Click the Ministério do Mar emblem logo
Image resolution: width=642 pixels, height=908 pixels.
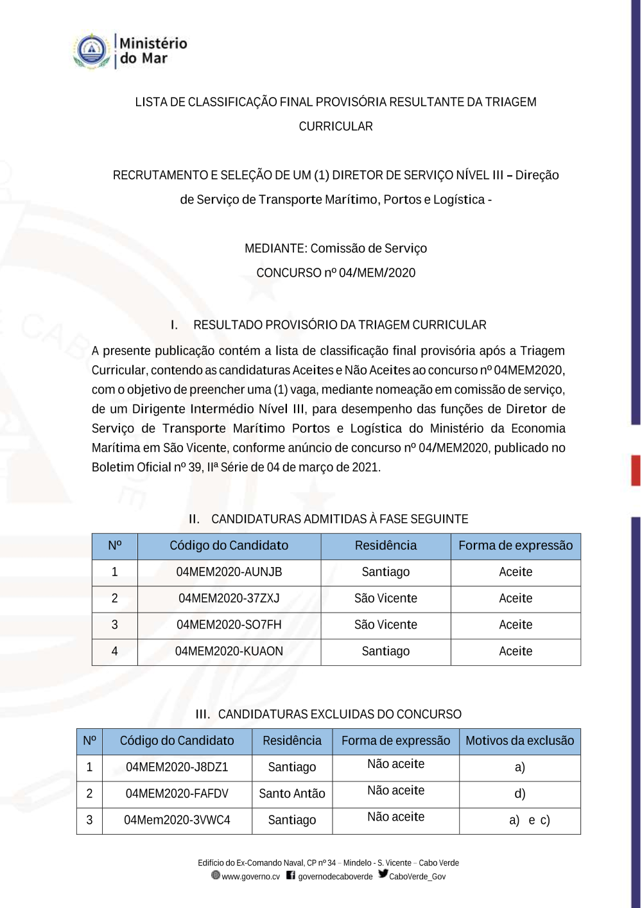tap(92, 51)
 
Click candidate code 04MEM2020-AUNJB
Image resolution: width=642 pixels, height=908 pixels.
tap(229, 572)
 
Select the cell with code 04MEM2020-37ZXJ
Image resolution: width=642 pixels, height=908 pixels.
tap(229, 598)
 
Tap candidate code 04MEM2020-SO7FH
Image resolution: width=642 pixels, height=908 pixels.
tap(229, 625)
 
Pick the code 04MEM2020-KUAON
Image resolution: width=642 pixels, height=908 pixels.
tap(229, 651)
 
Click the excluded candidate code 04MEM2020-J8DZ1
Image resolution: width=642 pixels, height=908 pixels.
tap(177, 767)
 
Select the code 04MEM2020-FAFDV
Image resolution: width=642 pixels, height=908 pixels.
tap(177, 794)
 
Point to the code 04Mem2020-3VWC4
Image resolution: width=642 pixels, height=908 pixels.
tap(177, 820)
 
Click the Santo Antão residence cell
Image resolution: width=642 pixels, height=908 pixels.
tap(292, 794)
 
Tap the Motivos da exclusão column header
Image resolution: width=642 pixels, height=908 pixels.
tap(519, 741)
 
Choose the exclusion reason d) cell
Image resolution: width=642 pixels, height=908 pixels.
tap(519, 794)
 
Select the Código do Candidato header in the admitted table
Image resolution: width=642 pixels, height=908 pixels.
tap(229, 546)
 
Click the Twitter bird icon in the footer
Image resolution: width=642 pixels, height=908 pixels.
tap(383, 874)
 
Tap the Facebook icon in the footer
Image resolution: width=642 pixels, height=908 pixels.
tap(291, 875)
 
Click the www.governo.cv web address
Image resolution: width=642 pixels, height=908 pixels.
tap(250, 877)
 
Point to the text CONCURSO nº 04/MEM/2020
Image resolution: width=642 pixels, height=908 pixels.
tap(336, 273)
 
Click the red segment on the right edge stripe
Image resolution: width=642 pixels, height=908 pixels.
tap(636, 470)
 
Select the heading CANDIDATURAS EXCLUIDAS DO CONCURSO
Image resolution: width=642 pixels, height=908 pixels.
tap(340, 714)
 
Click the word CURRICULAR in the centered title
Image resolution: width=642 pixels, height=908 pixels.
tap(336, 127)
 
